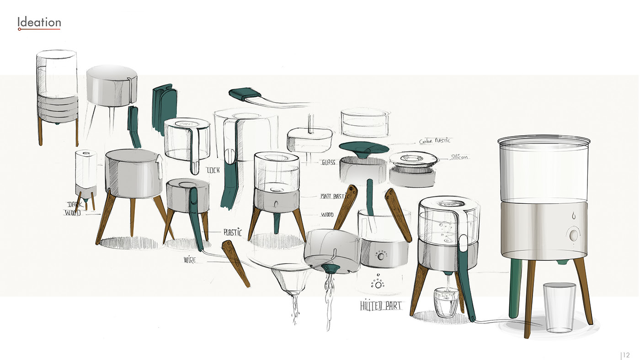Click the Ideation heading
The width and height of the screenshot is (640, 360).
click(x=39, y=22)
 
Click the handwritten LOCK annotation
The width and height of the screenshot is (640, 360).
click(x=213, y=170)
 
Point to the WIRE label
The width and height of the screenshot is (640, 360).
click(x=190, y=259)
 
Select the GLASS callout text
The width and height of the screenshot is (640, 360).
click(x=328, y=162)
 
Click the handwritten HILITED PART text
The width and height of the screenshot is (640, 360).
click(x=380, y=306)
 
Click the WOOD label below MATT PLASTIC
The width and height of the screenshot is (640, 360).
click(x=327, y=214)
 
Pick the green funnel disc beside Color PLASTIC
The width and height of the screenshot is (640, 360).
click(x=364, y=149)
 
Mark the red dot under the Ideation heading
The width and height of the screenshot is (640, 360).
click(x=19, y=29)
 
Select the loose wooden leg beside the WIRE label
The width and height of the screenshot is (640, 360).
click(x=236, y=264)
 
